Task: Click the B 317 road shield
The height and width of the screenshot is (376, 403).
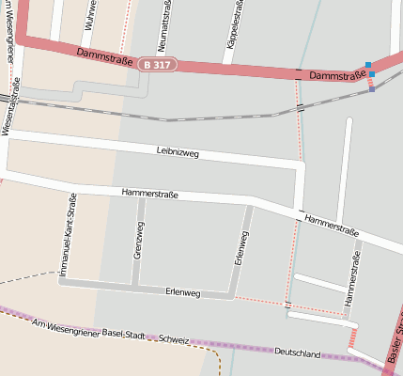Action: coord(157,64)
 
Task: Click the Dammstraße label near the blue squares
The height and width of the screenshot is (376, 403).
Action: coord(334,74)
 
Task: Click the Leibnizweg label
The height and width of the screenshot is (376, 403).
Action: coord(178,151)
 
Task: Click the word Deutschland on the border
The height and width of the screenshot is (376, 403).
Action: coord(297,353)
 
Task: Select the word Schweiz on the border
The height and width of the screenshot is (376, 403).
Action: coord(174,338)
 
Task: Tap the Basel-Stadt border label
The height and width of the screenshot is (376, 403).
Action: coord(126,333)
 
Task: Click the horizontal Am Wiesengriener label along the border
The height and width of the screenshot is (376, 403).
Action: coord(64,325)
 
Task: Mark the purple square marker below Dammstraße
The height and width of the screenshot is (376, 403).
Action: coord(372,89)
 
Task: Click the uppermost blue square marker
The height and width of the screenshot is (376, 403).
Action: coord(367,65)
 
